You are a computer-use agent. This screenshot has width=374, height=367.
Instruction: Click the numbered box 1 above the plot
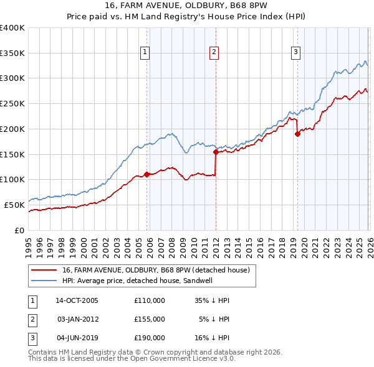click(x=145, y=53)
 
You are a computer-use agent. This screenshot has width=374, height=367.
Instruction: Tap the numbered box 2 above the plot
click(x=214, y=53)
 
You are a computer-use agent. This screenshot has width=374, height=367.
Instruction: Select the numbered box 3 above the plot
click(x=295, y=53)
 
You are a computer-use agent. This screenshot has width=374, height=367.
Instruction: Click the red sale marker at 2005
click(x=147, y=174)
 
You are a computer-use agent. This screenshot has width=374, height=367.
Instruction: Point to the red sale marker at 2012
click(x=216, y=151)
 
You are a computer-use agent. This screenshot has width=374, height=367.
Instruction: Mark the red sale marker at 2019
click(x=297, y=133)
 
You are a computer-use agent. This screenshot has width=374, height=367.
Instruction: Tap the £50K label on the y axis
click(x=15, y=205)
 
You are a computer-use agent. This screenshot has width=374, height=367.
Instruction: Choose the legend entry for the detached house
click(x=156, y=270)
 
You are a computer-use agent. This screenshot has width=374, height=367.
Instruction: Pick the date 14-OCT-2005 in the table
click(x=77, y=300)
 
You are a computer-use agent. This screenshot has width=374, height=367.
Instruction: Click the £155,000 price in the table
click(x=150, y=319)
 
